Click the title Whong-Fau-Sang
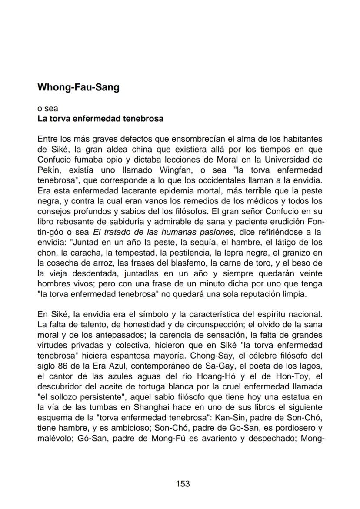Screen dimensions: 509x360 point(78,87)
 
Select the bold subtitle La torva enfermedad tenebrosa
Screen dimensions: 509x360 point(100,118)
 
